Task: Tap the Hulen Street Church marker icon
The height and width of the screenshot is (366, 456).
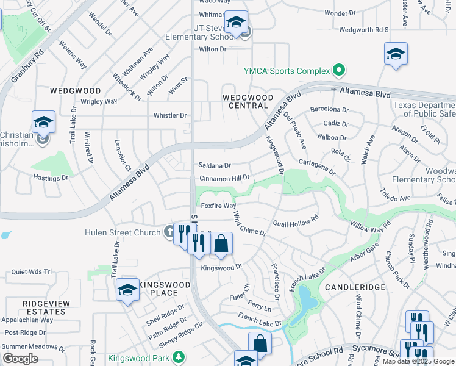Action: [169, 232]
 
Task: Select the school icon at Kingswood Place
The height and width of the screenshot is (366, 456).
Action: [127, 290]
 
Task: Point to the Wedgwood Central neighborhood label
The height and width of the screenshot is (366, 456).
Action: [248, 101]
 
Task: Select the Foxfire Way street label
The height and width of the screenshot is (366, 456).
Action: [218, 206]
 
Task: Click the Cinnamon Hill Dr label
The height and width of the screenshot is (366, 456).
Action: [224, 178]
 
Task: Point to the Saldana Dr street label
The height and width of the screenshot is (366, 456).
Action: [215, 165]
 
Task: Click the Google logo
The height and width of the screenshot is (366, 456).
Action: [20, 359]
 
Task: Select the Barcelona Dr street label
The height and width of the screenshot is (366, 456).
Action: [329, 110]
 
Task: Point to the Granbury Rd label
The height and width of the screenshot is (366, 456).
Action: [27, 67]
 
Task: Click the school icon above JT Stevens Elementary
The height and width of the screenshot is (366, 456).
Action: [236, 23]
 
